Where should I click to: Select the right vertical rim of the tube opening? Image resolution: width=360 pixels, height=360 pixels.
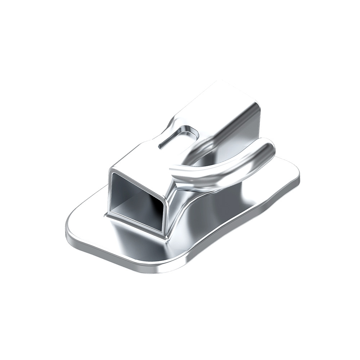pyautogui.click(x=166, y=212)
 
